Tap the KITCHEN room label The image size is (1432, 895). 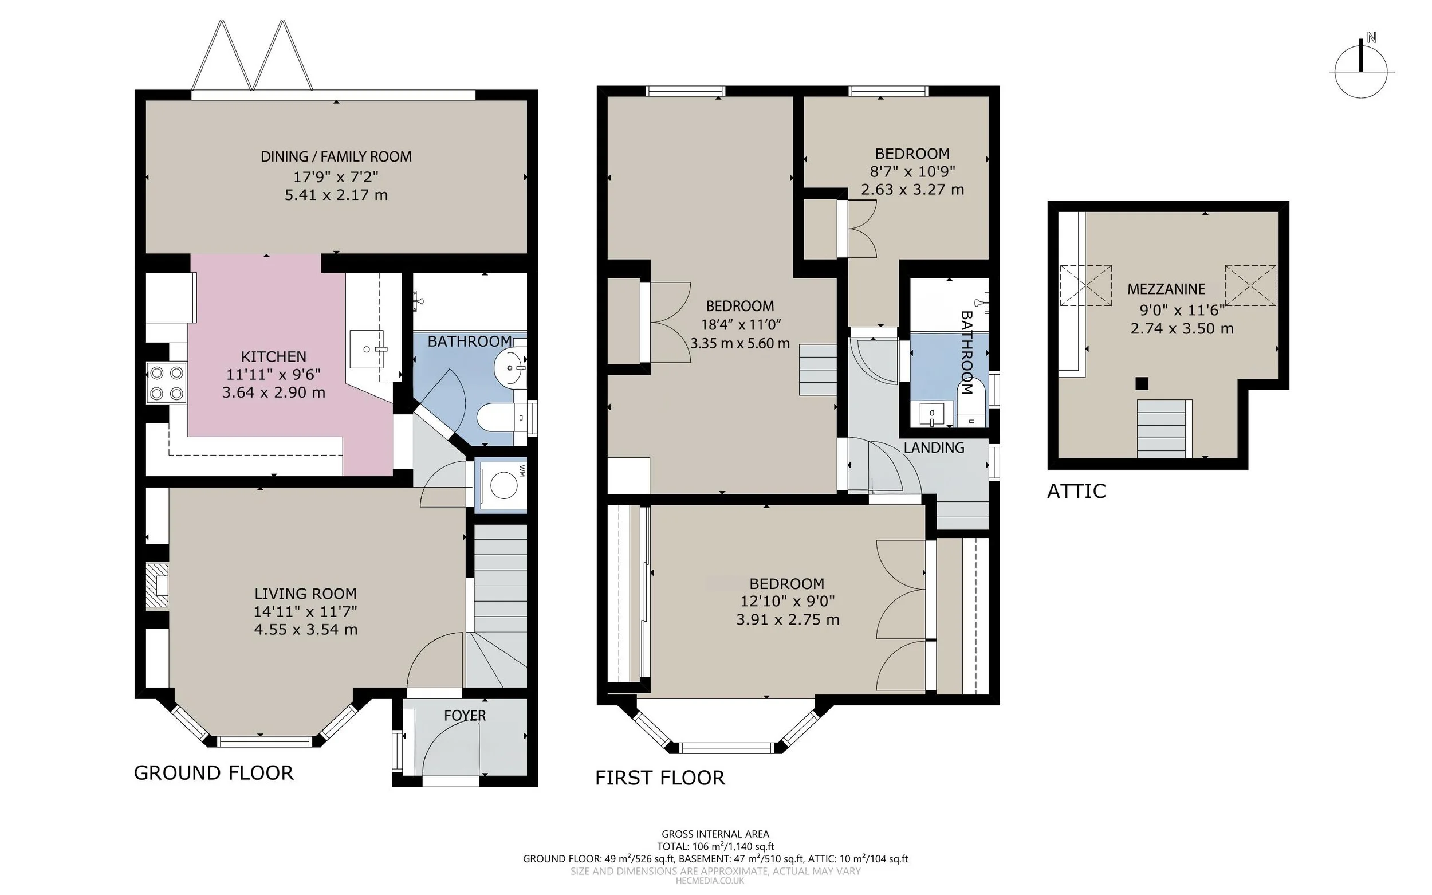pyautogui.click(x=273, y=356)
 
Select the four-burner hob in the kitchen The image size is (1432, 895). pyautogui.click(x=166, y=382)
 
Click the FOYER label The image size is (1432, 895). pyautogui.click(x=465, y=715)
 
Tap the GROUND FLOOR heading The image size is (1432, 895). pyautogui.click(x=214, y=773)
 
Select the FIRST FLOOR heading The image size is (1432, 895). pyautogui.click(x=660, y=778)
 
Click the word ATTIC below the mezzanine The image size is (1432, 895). pyautogui.click(x=1076, y=491)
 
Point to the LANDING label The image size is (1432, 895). pyautogui.click(x=934, y=448)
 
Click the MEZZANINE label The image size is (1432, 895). pyautogui.click(x=1166, y=289)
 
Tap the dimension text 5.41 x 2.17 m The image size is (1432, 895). pyautogui.click(x=336, y=195)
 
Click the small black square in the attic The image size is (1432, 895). pyautogui.click(x=1142, y=383)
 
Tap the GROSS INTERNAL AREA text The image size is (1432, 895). pyautogui.click(x=715, y=834)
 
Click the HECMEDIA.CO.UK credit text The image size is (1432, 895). pyautogui.click(x=710, y=881)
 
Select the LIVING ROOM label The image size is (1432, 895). pyautogui.click(x=305, y=594)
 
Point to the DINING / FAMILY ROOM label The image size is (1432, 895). pyautogui.click(x=336, y=157)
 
